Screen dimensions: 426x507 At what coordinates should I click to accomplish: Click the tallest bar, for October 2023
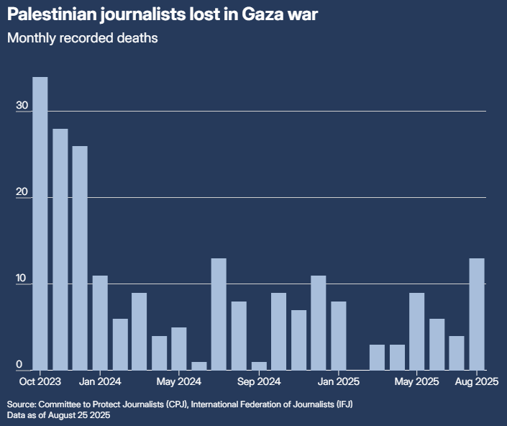click(40, 223)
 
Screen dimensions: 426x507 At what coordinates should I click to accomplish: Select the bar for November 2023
click(60, 249)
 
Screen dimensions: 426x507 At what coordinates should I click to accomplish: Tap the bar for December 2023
click(80, 258)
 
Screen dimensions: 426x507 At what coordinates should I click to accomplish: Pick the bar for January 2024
click(100, 322)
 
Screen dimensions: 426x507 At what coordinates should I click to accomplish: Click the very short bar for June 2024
click(199, 366)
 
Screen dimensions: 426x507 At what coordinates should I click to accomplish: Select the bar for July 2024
click(219, 314)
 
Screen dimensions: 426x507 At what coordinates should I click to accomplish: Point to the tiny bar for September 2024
click(259, 366)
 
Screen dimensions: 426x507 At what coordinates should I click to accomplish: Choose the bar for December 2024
click(319, 322)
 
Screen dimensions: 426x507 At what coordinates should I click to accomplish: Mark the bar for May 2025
click(417, 331)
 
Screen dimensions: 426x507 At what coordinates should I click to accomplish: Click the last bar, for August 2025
click(477, 314)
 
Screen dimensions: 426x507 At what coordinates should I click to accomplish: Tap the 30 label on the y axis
click(22, 106)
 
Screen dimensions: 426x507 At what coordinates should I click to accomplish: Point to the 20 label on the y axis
click(22, 193)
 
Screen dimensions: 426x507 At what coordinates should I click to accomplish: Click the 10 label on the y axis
click(22, 279)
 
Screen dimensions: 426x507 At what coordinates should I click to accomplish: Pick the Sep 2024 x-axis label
click(259, 381)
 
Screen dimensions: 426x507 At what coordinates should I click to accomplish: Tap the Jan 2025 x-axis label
click(338, 381)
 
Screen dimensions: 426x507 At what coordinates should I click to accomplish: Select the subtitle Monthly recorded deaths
click(83, 39)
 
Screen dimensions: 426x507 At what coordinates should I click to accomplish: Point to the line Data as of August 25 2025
click(59, 415)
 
